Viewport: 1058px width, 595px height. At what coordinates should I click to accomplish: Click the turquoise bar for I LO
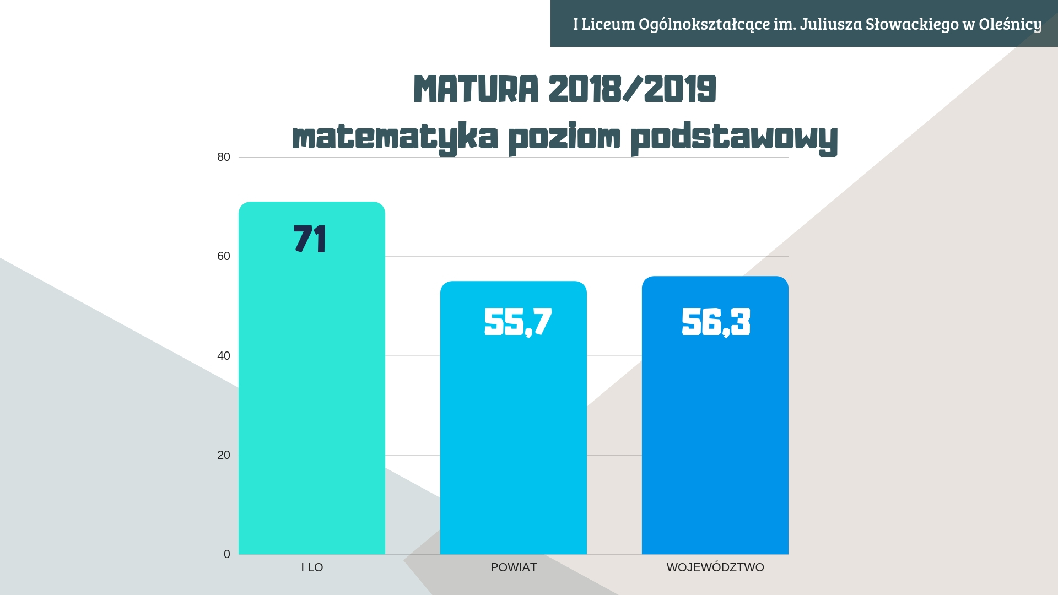pos(312,378)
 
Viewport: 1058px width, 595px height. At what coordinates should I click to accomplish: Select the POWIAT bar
pos(514,418)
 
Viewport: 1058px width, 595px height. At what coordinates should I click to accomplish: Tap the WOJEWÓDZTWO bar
pos(715,415)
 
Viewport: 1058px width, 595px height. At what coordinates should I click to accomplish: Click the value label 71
pos(310,239)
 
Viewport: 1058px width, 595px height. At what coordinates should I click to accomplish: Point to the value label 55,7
pos(518,322)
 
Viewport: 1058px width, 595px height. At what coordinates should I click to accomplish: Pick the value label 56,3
pos(716,322)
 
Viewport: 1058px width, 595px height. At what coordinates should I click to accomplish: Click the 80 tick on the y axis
pos(224,157)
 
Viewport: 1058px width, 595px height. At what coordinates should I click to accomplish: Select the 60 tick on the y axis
pos(224,256)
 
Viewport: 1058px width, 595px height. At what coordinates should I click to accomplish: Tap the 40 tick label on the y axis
pos(224,356)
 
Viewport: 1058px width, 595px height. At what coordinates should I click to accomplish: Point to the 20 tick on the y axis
pos(224,455)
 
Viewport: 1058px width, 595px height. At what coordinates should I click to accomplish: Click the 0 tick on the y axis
pos(227,554)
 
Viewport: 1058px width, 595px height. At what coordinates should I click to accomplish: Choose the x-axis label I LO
pos(312,567)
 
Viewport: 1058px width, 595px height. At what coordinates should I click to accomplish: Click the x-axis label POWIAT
pos(514,567)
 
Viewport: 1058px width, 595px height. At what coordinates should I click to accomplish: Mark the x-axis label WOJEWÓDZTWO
pos(715,567)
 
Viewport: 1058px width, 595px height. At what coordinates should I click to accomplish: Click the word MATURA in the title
pos(476,89)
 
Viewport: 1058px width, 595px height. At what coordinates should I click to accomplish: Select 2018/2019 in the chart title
pos(633,89)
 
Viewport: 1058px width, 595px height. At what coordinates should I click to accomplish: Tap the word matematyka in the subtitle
pos(395,137)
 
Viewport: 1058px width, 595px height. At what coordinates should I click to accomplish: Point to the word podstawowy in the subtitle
pos(734,137)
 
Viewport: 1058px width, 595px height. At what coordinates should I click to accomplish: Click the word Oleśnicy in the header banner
pos(1011,24)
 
